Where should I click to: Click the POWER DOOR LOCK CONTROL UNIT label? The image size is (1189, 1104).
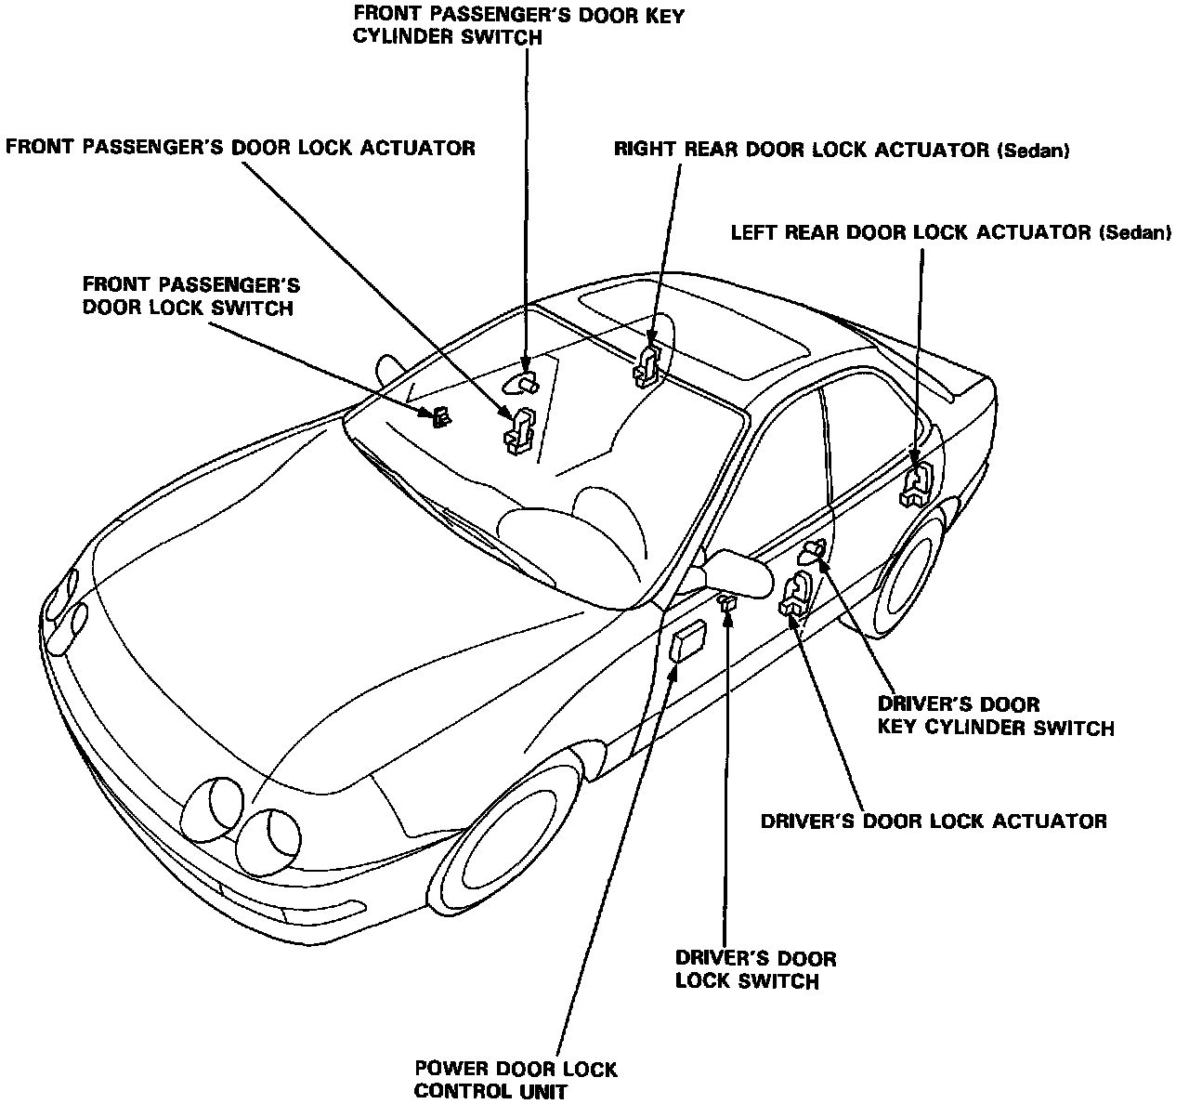[516, 1080]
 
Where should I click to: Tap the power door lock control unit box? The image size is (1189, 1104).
[688, 642]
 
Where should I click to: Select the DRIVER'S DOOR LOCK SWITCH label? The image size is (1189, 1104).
[755, 969]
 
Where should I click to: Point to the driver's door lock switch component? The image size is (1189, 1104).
[728, 604]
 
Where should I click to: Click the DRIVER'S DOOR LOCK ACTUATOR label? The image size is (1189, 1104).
[933, 821]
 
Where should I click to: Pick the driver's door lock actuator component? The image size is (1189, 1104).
[796, 594]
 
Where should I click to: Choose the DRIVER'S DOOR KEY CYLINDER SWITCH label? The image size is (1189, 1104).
[995, 716]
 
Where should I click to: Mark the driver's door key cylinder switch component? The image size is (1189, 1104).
[811, 552]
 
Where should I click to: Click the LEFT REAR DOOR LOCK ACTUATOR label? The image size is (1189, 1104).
[950, 232]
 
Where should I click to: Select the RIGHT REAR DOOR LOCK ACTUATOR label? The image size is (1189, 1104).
[842, 150]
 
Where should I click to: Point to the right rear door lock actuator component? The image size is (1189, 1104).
[647, 363]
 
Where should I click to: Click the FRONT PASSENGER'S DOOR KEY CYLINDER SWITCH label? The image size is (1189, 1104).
[518, 27]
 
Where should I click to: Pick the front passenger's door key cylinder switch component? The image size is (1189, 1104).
[522, 382]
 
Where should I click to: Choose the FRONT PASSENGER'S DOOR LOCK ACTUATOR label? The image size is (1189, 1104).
[241, 148]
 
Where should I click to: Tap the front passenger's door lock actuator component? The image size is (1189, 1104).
[520, 431]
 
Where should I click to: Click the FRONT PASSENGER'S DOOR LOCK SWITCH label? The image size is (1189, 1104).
[191, 295]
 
